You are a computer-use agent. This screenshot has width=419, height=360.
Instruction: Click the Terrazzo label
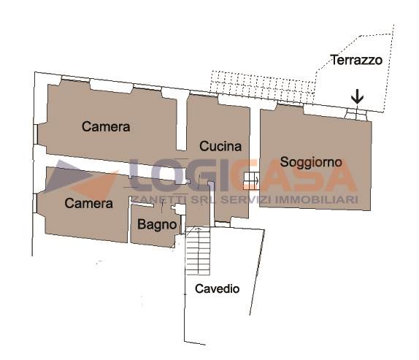click(357, 60)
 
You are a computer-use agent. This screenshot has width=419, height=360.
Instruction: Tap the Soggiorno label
click(311, 162)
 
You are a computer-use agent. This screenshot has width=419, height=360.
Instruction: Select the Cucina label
click(220, 146)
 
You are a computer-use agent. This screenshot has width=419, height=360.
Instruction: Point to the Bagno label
click(157, 225)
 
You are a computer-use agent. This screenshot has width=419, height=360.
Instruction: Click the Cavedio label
click(217, 288)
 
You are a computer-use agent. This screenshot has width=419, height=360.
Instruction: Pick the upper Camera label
click(106, 126)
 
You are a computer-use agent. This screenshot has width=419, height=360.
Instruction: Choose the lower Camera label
click(88, 204)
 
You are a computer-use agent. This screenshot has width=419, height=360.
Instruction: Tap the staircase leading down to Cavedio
click(198, 251)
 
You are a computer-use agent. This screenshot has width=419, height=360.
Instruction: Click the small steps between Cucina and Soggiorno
click(251, 181)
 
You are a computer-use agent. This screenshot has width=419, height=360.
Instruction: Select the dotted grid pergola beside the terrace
click(262, 86)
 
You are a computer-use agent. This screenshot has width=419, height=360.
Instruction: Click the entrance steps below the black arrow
click(355, 114)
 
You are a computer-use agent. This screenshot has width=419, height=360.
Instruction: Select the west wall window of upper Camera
click(35, 134)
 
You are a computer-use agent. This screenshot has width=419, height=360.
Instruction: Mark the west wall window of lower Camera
click(35, 203)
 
